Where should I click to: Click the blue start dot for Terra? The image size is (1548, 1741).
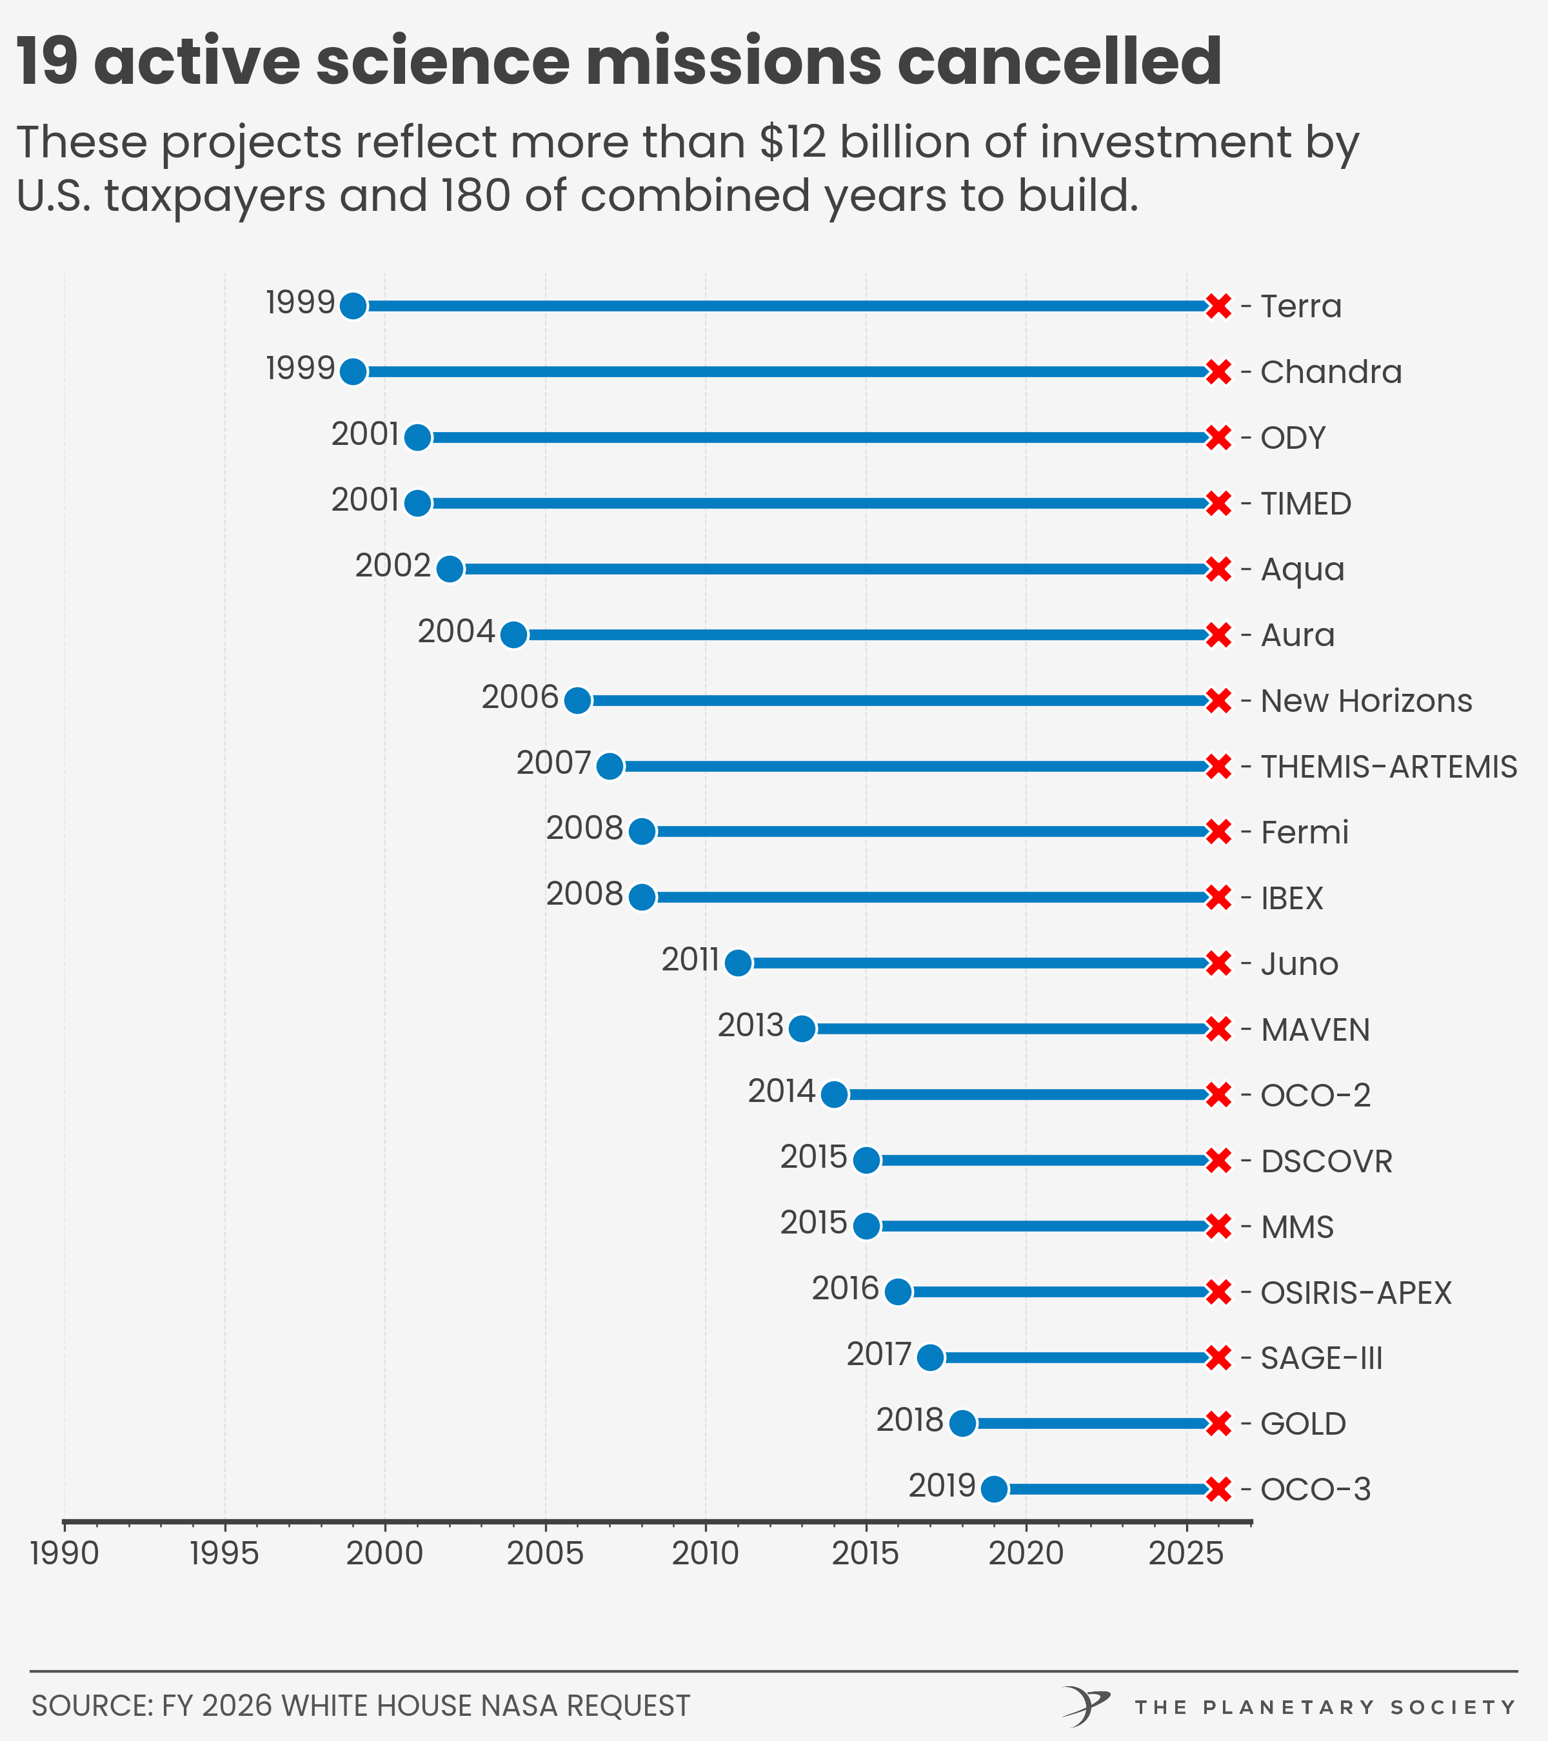pos(353,306)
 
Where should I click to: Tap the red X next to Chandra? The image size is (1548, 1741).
pos(1218,372)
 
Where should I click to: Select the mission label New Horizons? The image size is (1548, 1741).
pos(1365,701)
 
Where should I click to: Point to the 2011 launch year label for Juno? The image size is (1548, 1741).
pos(690,960)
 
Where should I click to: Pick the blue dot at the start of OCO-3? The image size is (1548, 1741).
pos(994,1490)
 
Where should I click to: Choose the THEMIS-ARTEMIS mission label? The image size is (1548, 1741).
pos(1389,767)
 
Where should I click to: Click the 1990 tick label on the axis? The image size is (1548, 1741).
pos(64,1553)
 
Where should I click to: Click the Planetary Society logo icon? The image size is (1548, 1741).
pos(1086,1706)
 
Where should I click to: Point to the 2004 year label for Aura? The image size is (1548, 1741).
pos(456,632)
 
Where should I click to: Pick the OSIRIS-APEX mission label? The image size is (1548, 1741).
pos(1355,1293)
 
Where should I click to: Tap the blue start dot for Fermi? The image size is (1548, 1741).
pos(642,831)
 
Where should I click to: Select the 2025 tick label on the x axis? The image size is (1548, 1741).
pos(1186,1553)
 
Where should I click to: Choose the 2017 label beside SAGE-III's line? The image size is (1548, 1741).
pos(878,1354)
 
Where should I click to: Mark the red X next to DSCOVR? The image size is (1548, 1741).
pos(1218,1161)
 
